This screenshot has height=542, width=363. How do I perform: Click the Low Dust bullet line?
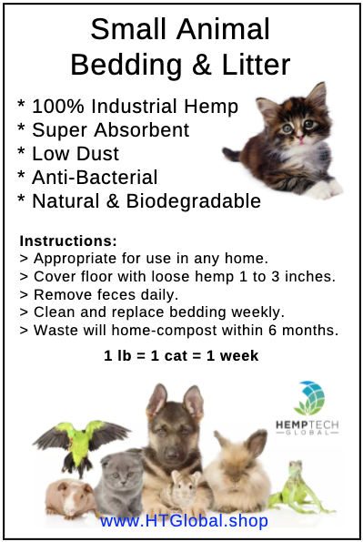click(68, 153)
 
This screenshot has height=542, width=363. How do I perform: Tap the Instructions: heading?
click(68, 241)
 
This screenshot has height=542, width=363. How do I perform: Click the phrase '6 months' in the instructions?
click(308, 329)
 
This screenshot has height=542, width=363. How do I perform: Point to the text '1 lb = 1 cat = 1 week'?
click(181, 355)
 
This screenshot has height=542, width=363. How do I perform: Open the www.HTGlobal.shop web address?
click(184, 521)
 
